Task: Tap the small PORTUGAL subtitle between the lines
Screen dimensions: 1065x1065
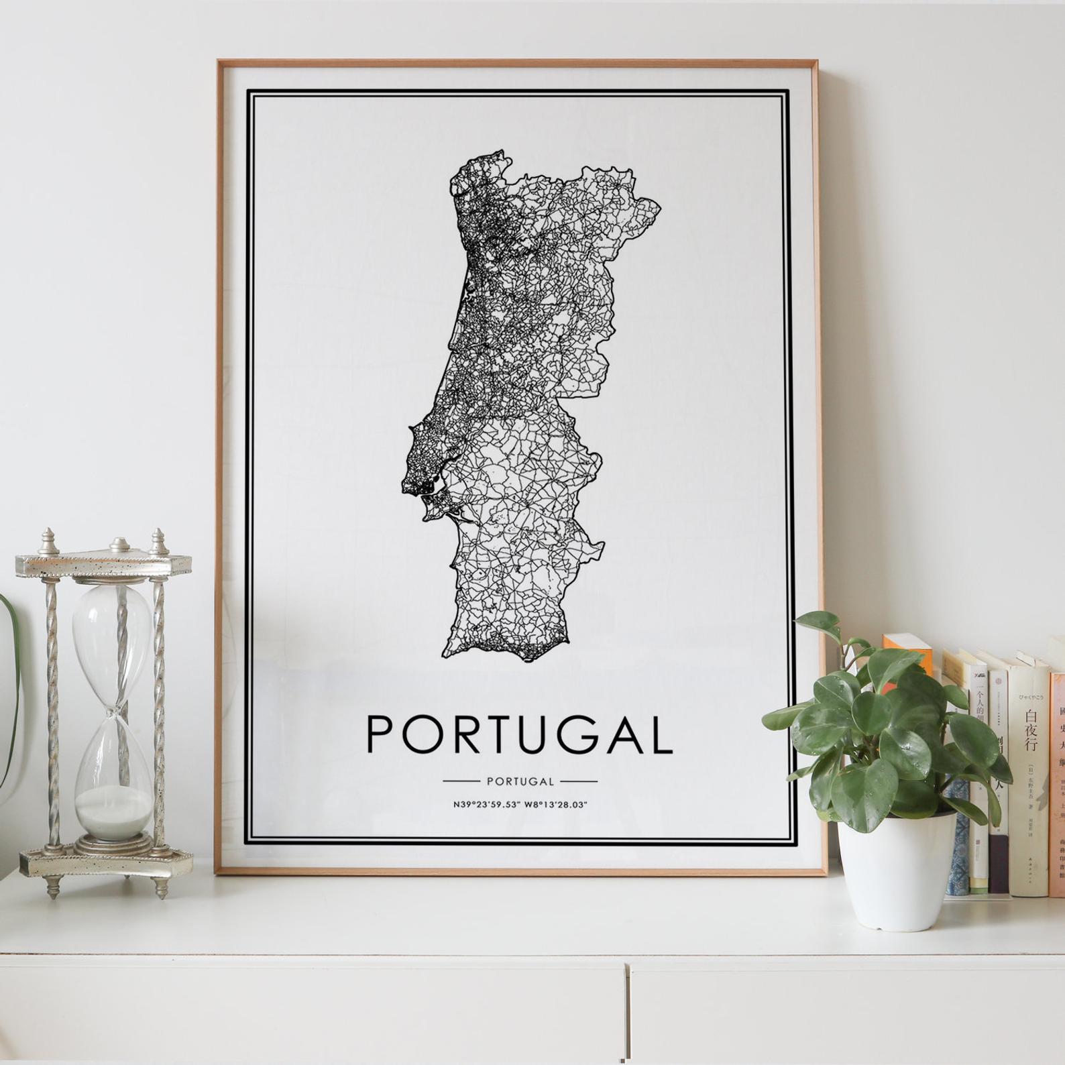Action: tap(520, 781)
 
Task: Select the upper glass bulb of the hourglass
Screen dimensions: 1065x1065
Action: tap(113, 630)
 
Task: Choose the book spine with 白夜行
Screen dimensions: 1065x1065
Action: tap(1030, 771)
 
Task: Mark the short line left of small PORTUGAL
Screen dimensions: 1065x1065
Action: tap(461, 781)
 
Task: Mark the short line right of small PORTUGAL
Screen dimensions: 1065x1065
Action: tap(578, 781)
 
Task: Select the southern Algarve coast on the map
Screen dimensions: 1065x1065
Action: tap(510, 647)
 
